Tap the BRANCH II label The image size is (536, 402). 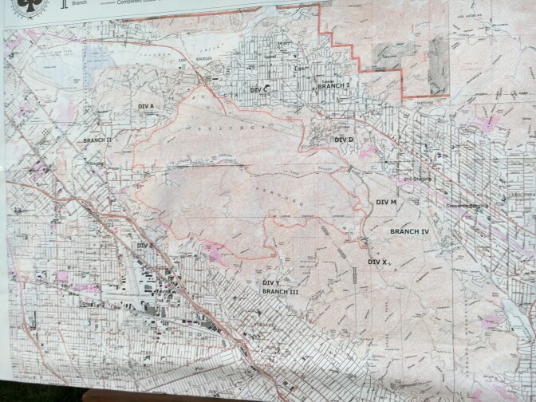[x=97, y=139]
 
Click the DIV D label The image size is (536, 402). [x=344, y=140]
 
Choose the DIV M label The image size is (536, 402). [x=386, y=203]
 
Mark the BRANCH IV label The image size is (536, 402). [x=410, y=231]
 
